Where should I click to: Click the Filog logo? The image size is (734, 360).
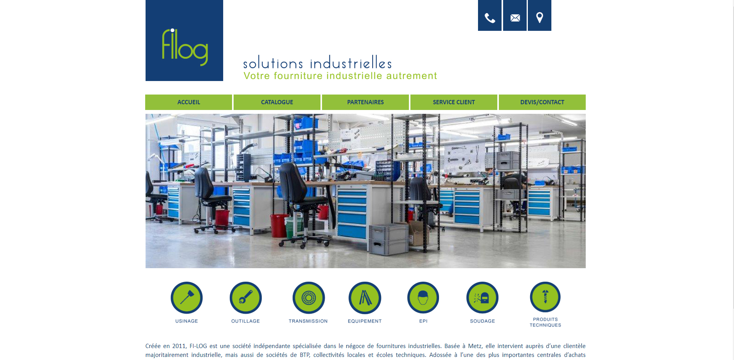184,41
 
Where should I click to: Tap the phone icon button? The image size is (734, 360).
490,15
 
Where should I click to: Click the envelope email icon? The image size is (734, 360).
515,15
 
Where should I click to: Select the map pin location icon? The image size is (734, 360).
539,15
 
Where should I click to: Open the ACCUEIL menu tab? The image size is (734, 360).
188,102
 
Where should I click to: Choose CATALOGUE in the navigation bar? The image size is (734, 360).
277,102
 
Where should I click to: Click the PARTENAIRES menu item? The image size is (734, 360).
365,102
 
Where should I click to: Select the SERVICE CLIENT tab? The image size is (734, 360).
454,102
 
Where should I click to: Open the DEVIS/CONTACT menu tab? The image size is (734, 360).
542,102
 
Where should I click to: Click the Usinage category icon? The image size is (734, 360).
186,297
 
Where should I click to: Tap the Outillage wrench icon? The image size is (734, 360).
246,297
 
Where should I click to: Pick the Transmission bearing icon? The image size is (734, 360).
309,297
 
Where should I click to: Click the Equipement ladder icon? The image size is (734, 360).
365,297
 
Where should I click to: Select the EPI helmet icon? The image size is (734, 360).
423,297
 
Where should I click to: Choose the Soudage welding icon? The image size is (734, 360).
482,297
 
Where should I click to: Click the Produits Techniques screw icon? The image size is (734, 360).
545,297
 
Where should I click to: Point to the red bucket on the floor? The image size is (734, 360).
280,225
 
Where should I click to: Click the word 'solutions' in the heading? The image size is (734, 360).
273,63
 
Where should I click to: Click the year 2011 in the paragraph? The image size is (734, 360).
179,346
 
